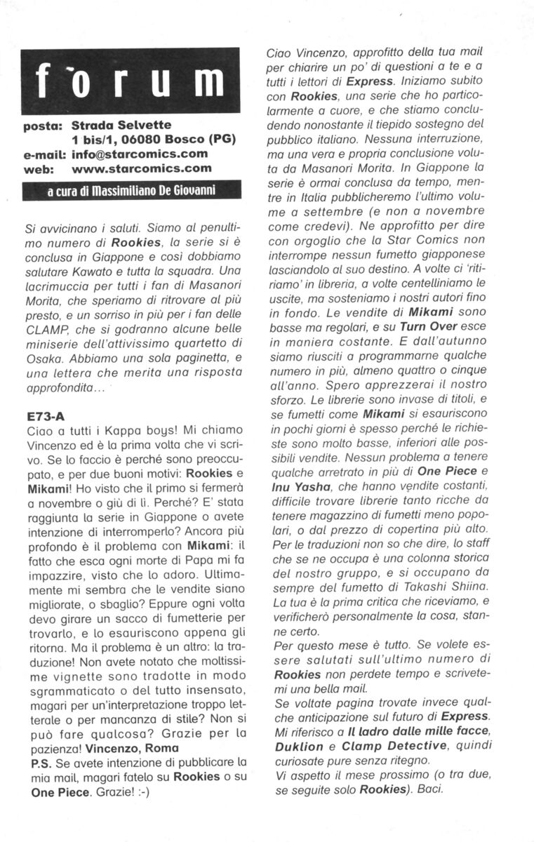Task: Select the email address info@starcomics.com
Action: click(x=140, y=154)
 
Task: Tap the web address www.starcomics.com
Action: click(x=142, y=168)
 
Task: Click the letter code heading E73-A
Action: click(x=45, y=415)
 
